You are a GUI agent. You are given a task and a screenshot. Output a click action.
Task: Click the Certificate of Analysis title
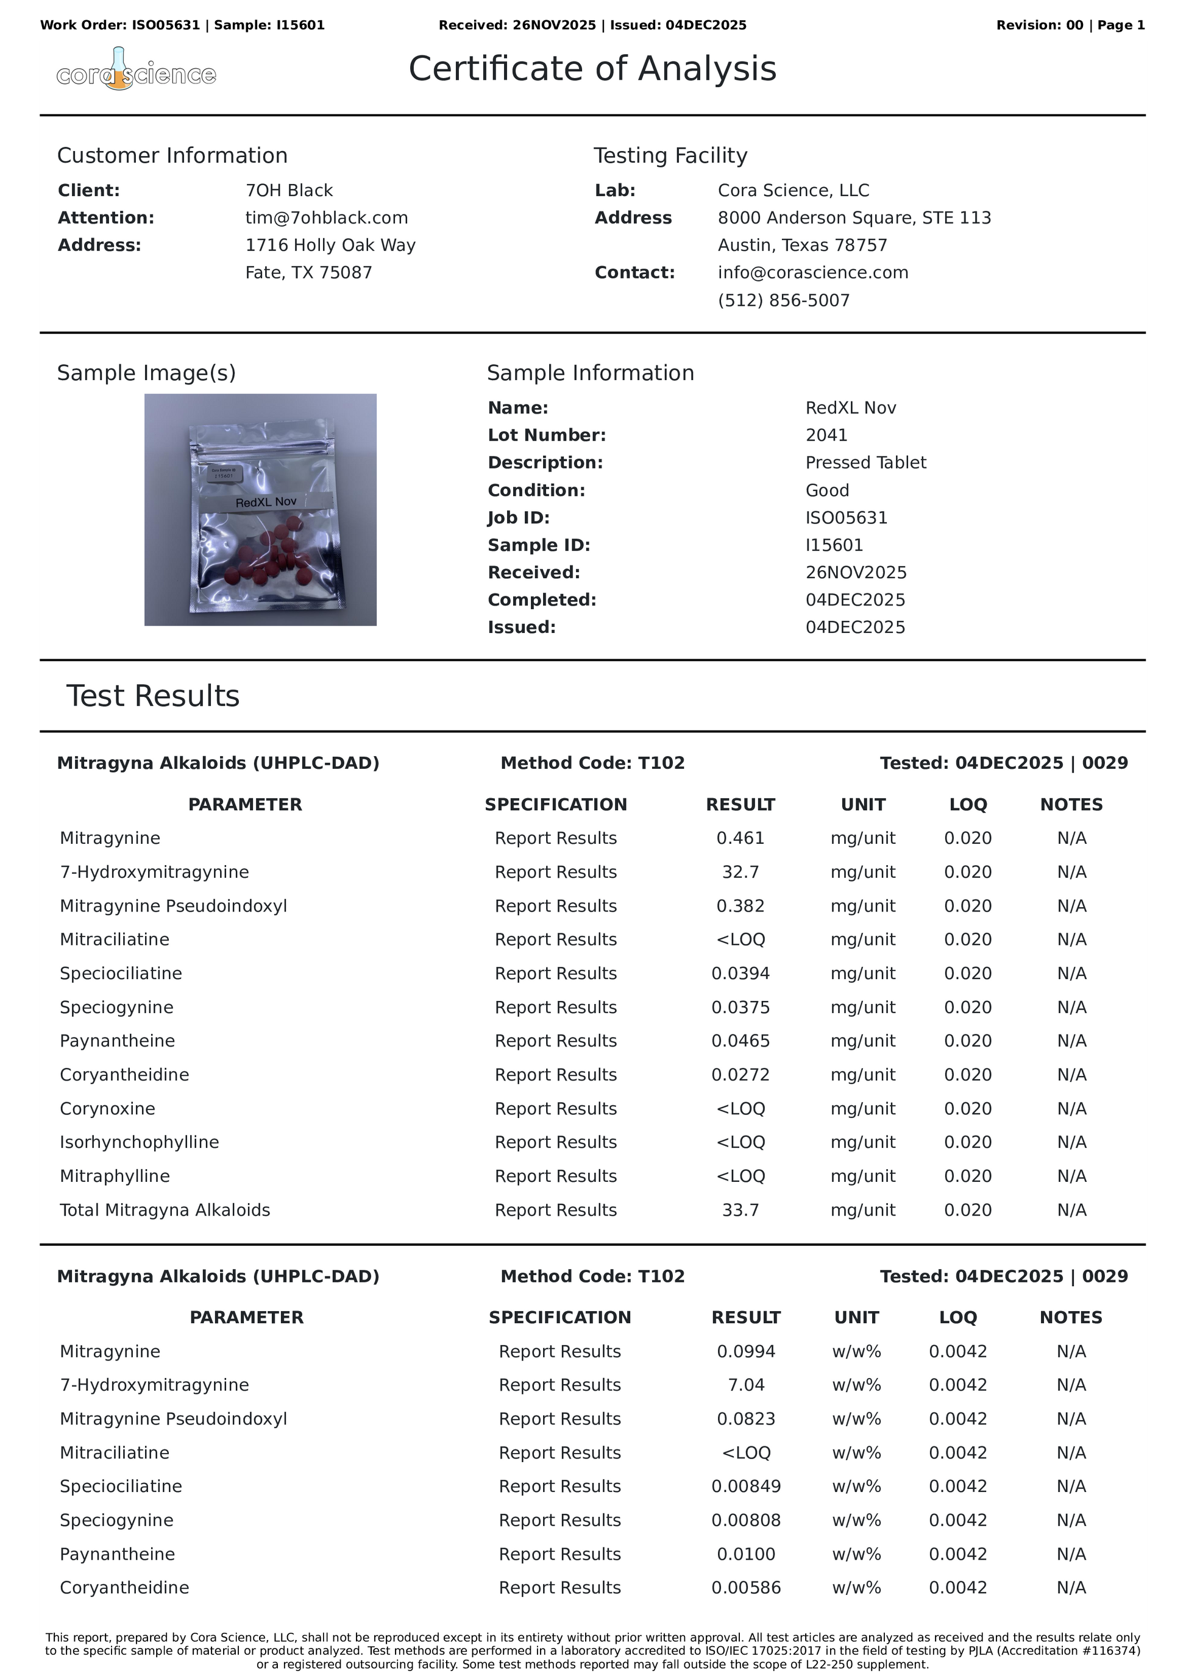point(592,69)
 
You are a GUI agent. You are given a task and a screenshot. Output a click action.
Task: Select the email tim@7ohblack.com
point(327,217)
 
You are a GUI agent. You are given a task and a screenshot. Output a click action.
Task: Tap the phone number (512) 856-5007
point(784,300)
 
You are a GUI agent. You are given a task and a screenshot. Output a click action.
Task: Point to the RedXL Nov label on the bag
point(266,502)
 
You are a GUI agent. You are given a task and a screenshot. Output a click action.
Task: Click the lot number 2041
point(826,435)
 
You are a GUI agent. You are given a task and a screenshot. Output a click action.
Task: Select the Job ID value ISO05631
point(847,518)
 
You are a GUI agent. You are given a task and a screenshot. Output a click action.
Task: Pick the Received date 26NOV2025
point(856,572)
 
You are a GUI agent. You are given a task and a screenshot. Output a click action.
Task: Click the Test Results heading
point(152,696)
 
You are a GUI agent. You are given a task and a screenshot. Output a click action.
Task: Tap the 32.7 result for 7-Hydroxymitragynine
point(740,872)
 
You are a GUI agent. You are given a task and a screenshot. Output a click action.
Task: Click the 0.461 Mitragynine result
point(740,838)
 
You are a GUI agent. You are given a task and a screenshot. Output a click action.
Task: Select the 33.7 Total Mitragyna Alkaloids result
point(740,1209)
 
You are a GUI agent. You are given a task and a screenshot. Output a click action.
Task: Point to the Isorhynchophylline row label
point(140,1142)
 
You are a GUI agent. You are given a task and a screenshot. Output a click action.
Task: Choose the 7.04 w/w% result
point(745,1385)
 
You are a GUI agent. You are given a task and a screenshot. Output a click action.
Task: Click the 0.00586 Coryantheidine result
point(745,1588)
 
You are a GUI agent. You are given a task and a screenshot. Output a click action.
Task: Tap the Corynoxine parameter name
point(107,1108)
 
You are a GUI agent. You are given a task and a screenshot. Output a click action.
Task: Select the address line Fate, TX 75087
point(308,272)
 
